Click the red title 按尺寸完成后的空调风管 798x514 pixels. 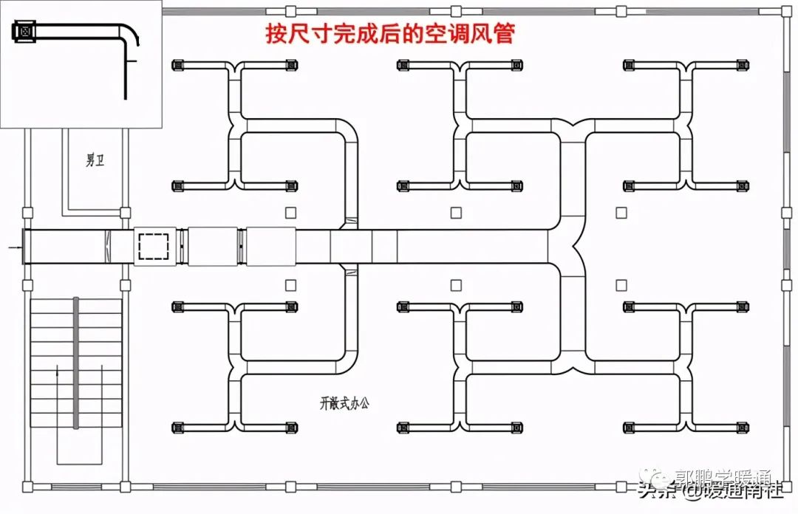pos(389,33)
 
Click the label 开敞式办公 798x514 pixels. pos(344,403)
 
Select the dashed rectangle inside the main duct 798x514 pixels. pos(154,246)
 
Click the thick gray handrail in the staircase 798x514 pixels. pos(75,362)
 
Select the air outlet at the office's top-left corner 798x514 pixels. pos(178,66)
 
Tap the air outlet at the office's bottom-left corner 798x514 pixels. pos(178,427)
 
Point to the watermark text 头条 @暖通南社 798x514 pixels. pos(709,491)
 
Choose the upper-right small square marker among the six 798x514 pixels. pos(621,212)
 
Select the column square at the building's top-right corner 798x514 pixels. pos(785,11)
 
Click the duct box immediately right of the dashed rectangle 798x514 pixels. pos(212,247)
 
